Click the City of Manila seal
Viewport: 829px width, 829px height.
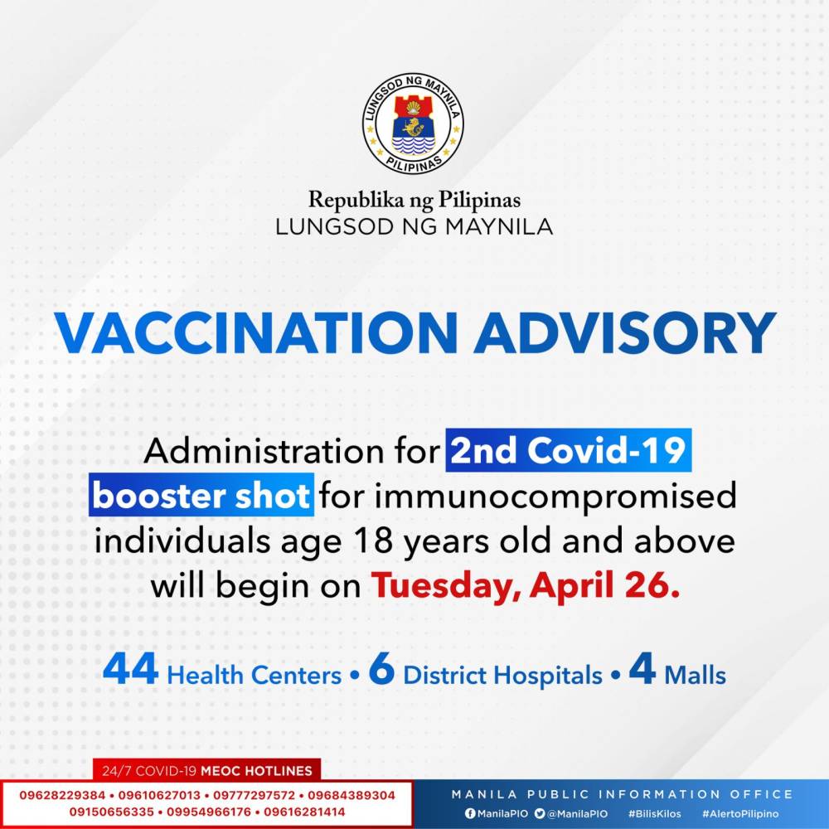(x=413, y=124)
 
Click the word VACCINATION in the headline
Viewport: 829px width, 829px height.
(x=256, y=333)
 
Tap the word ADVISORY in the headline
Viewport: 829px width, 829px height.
(x=625, y=333)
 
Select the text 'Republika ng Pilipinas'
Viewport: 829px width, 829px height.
(x=414, y=201)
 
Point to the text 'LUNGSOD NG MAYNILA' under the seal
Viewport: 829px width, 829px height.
(x=414, y=227)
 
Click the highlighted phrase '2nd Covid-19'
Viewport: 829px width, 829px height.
(x=569, y=450)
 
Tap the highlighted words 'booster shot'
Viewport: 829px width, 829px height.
(x=201, y=496)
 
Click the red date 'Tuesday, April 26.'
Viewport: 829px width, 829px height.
(x=525, y=586)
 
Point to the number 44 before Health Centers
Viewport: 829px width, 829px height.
(x=131, y=669)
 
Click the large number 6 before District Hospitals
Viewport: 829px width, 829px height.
(x=381, y=669)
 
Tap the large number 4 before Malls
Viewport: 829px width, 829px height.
(x=642, y=669)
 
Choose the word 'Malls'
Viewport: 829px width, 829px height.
(x=695, y=675)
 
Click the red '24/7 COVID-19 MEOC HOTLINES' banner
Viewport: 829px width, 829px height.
(x=206, y=770)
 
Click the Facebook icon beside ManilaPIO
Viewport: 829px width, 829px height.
(x=470, y=813)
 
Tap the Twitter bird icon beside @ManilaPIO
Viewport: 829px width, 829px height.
(x=540, y=813)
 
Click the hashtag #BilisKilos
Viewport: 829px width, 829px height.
(x=655, y=814)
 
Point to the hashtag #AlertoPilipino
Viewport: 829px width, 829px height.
(x=740, y=814)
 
